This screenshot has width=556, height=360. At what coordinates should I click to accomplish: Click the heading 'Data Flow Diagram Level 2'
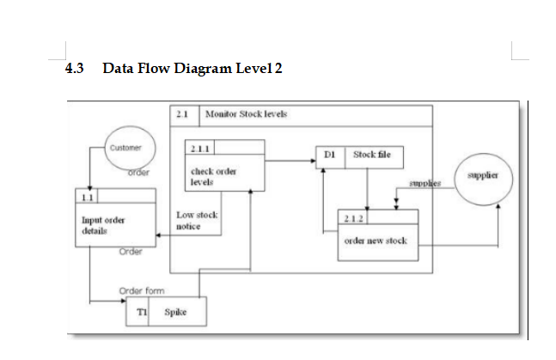(x=192, y=69)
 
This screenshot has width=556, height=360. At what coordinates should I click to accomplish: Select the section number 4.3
(x=76, y=69)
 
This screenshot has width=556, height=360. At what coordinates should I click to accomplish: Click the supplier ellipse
(x=484, y=176)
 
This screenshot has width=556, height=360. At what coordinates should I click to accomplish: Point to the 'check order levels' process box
(x=216, y=176)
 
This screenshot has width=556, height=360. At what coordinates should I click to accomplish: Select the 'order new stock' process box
(x=376, y=241)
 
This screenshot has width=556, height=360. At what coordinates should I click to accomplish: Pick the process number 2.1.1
(x=199, y=147)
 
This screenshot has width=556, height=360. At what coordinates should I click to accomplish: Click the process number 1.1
(x=87, y=198)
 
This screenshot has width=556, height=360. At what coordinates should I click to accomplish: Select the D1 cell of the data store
(x=330, y=156)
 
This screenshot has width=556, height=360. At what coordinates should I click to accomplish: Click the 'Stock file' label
(x=371, y=156)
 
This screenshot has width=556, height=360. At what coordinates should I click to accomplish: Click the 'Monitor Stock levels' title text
(x=247, y=113)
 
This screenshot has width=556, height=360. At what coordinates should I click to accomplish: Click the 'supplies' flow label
(x=424, y=184)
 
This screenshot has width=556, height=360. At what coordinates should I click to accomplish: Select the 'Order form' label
(x=143, y=290)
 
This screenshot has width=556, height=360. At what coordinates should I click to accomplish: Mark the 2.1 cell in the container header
(x=182, y=113)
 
